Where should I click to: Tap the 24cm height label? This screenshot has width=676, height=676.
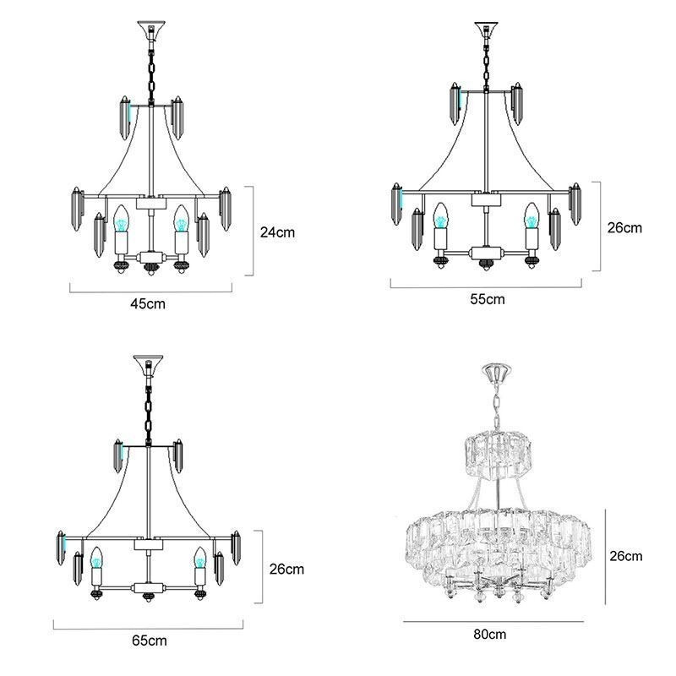pyautogui.click(x=276, y=232)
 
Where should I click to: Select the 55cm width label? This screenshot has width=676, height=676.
pyautogui.click(x=488, y=299)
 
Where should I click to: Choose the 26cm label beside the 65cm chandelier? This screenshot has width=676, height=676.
pyautogui.click(x=286, y=570)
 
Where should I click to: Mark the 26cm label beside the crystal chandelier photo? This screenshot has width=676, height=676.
pyautogui.click(x=626, y=555)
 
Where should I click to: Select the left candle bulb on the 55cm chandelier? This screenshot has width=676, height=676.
pyautogui.click(x=440, y=216)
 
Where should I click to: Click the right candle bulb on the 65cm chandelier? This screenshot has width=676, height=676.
pyautogui.click(x=201, y=559)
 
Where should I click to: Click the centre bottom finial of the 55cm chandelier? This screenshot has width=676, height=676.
pyautogui.click(x=485, y=267)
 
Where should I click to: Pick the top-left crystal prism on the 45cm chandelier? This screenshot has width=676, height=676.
pyautogui.click(x=123, y=117)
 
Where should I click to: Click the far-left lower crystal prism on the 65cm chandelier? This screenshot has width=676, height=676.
pyautogui.click(x=62, y=549)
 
